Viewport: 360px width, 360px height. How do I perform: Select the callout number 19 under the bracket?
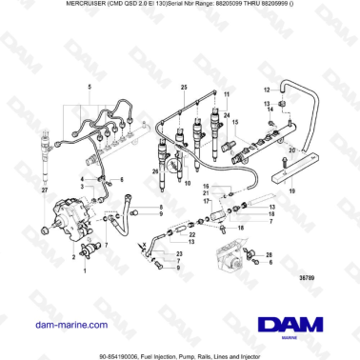pos(291,191)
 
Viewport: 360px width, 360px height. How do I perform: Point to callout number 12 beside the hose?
pos(269,88)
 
